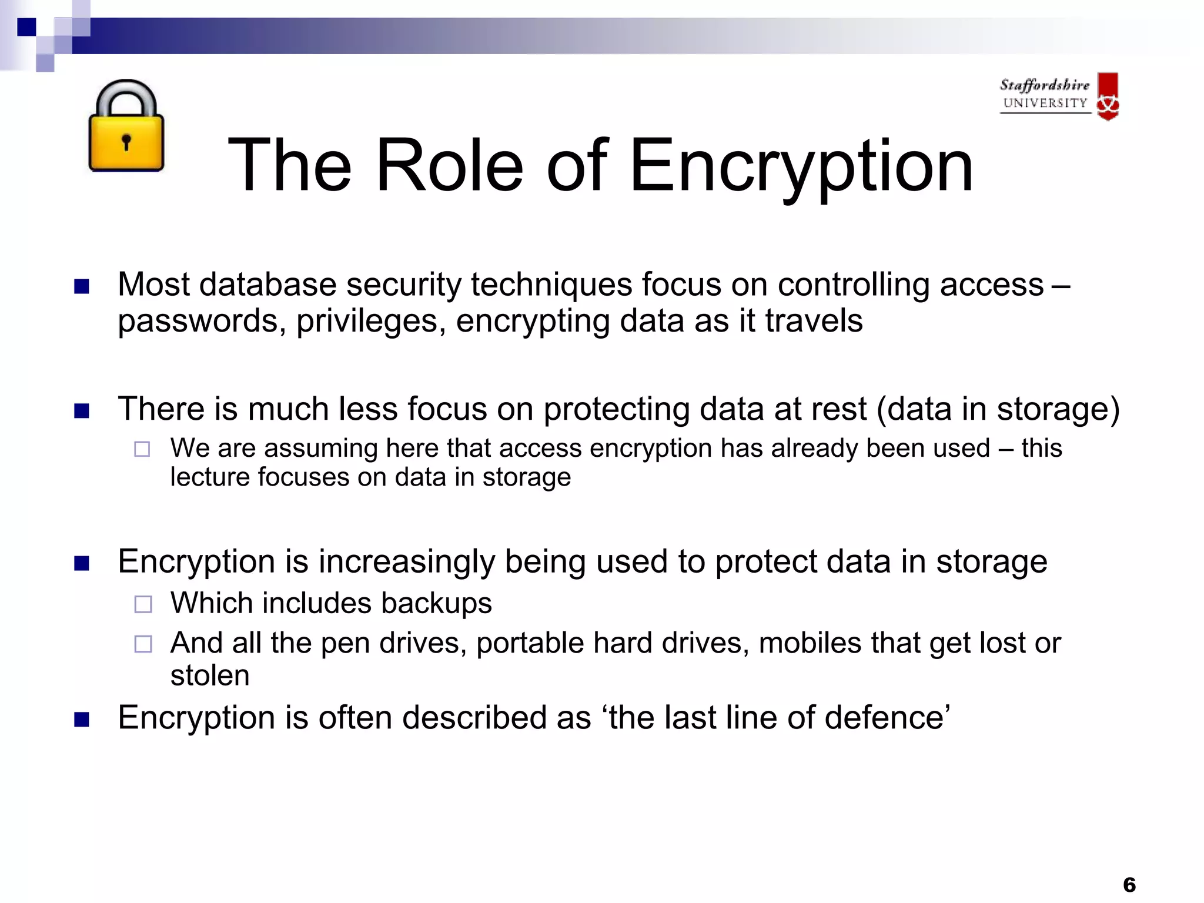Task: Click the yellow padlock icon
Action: pyautogui.click(x=126, y=126)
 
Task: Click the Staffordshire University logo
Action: pyautogui.click(x=1058, y=96)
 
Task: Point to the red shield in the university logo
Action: pyautogui.click(x=1108, y=96)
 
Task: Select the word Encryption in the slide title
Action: pyautogui.click(x=801, y=166)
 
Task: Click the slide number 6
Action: pyautogui.click(x=1129, y=884)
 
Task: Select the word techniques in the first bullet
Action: pyautogui.click(x=550, y=285)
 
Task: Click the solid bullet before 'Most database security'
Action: pyautogui.click(x=82, y=286)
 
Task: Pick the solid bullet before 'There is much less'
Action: pyautogui.click(x=82, y=410)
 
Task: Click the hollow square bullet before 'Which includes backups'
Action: pyautogui.click(x=143, y=604)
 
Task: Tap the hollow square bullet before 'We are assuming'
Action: pyautogui.click(x=142, y=449)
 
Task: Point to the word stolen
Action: pyautogui.click(x=210, y=675)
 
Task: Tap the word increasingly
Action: pyautogui.click(x=407, y=562)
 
